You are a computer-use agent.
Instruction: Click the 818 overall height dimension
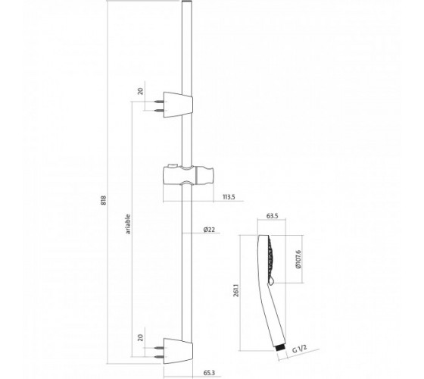click(x=104, y=200)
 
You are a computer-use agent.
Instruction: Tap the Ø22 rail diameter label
click(x=209, y=230)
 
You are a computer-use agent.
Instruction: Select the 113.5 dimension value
click(x=229, y=197)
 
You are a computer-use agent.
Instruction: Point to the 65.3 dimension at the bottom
click(x=209, y=373)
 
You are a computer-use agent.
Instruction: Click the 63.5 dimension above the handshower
click(x=272, y=216)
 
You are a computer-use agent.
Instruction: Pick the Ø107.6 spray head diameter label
click(x=298, y=259)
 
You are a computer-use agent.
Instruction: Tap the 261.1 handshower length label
click(x=236, y=290)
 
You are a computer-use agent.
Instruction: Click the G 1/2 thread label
click(x=300, y=349)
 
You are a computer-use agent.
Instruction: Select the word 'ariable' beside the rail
click(x=128, y=224)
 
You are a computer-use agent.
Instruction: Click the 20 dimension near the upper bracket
click(x=140, y=91)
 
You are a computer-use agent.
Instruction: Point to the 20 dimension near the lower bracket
click(x=140, y=337)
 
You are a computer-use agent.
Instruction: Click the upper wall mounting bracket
click(x=178, y=105)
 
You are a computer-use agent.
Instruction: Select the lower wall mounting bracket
click(x=178, y=350)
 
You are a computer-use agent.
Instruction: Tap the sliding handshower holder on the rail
click(x=189, y=175)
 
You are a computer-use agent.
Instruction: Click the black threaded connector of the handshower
click(x=280, y=348)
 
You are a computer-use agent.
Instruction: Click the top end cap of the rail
click(x=186, y=2)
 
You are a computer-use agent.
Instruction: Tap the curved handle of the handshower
click(x=272, y=314)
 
